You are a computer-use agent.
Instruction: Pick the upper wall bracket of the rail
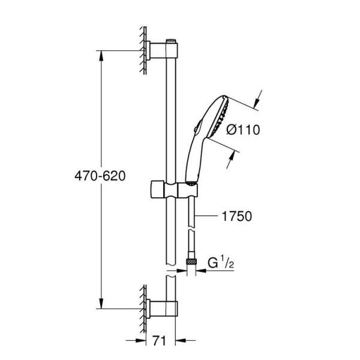(x=161, y=50)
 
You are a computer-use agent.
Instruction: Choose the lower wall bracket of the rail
(x=161, y=307)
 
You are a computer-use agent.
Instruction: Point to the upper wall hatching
(x=145, y=50)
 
